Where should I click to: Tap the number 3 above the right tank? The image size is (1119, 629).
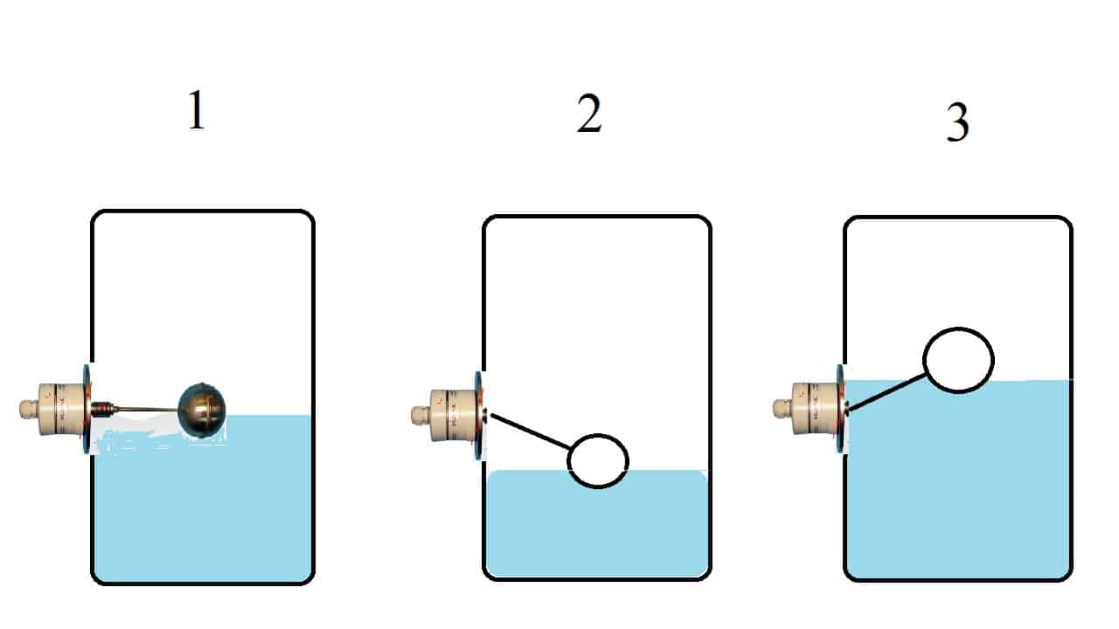(958, 123)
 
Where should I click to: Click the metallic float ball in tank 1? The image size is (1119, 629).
(202, 409)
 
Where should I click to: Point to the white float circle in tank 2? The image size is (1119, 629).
(598, 460)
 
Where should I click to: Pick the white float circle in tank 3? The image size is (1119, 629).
(958, 360)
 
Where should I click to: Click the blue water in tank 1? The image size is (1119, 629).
(201, 515)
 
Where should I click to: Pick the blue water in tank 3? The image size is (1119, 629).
(957, 489)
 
